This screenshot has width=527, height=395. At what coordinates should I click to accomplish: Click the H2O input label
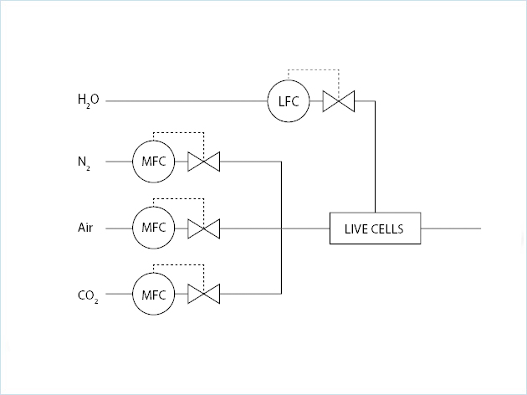point(88,101)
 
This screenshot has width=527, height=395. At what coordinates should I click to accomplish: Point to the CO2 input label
point(88,295)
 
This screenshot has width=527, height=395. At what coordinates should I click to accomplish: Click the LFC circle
point(288,101)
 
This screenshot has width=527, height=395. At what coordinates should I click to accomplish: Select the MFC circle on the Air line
point(154,228)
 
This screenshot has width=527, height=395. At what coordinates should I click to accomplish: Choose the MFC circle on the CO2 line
point(154,294)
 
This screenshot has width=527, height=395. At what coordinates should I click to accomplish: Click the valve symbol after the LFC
point(340,101)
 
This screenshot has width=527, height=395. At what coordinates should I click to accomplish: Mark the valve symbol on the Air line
point(203,228)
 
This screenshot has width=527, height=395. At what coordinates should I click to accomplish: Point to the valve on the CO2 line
point(203,294)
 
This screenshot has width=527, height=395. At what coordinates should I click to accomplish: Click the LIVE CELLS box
point(375,228)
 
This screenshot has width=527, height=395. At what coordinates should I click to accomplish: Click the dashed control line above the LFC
point(314,69)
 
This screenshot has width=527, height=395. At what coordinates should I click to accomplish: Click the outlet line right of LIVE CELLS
point(452,228)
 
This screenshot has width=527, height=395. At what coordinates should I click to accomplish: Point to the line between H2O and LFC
point(184,101)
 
